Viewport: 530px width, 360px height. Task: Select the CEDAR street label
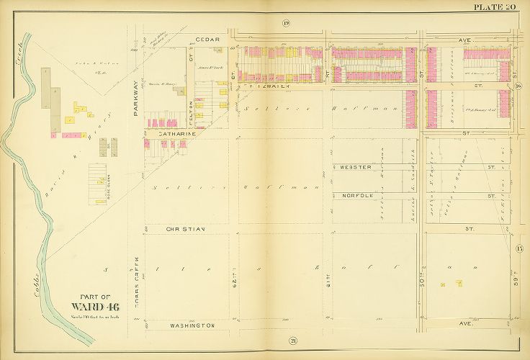[x=208, y=40]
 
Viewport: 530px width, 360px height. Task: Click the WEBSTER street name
[x=356, y=167]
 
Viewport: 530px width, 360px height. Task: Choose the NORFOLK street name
[x=356, y=195]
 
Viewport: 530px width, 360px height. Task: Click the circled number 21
[x=293, y=341]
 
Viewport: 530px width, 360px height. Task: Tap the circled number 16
[x=518, y=87]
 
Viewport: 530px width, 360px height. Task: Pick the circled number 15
[x=518, y=249]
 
